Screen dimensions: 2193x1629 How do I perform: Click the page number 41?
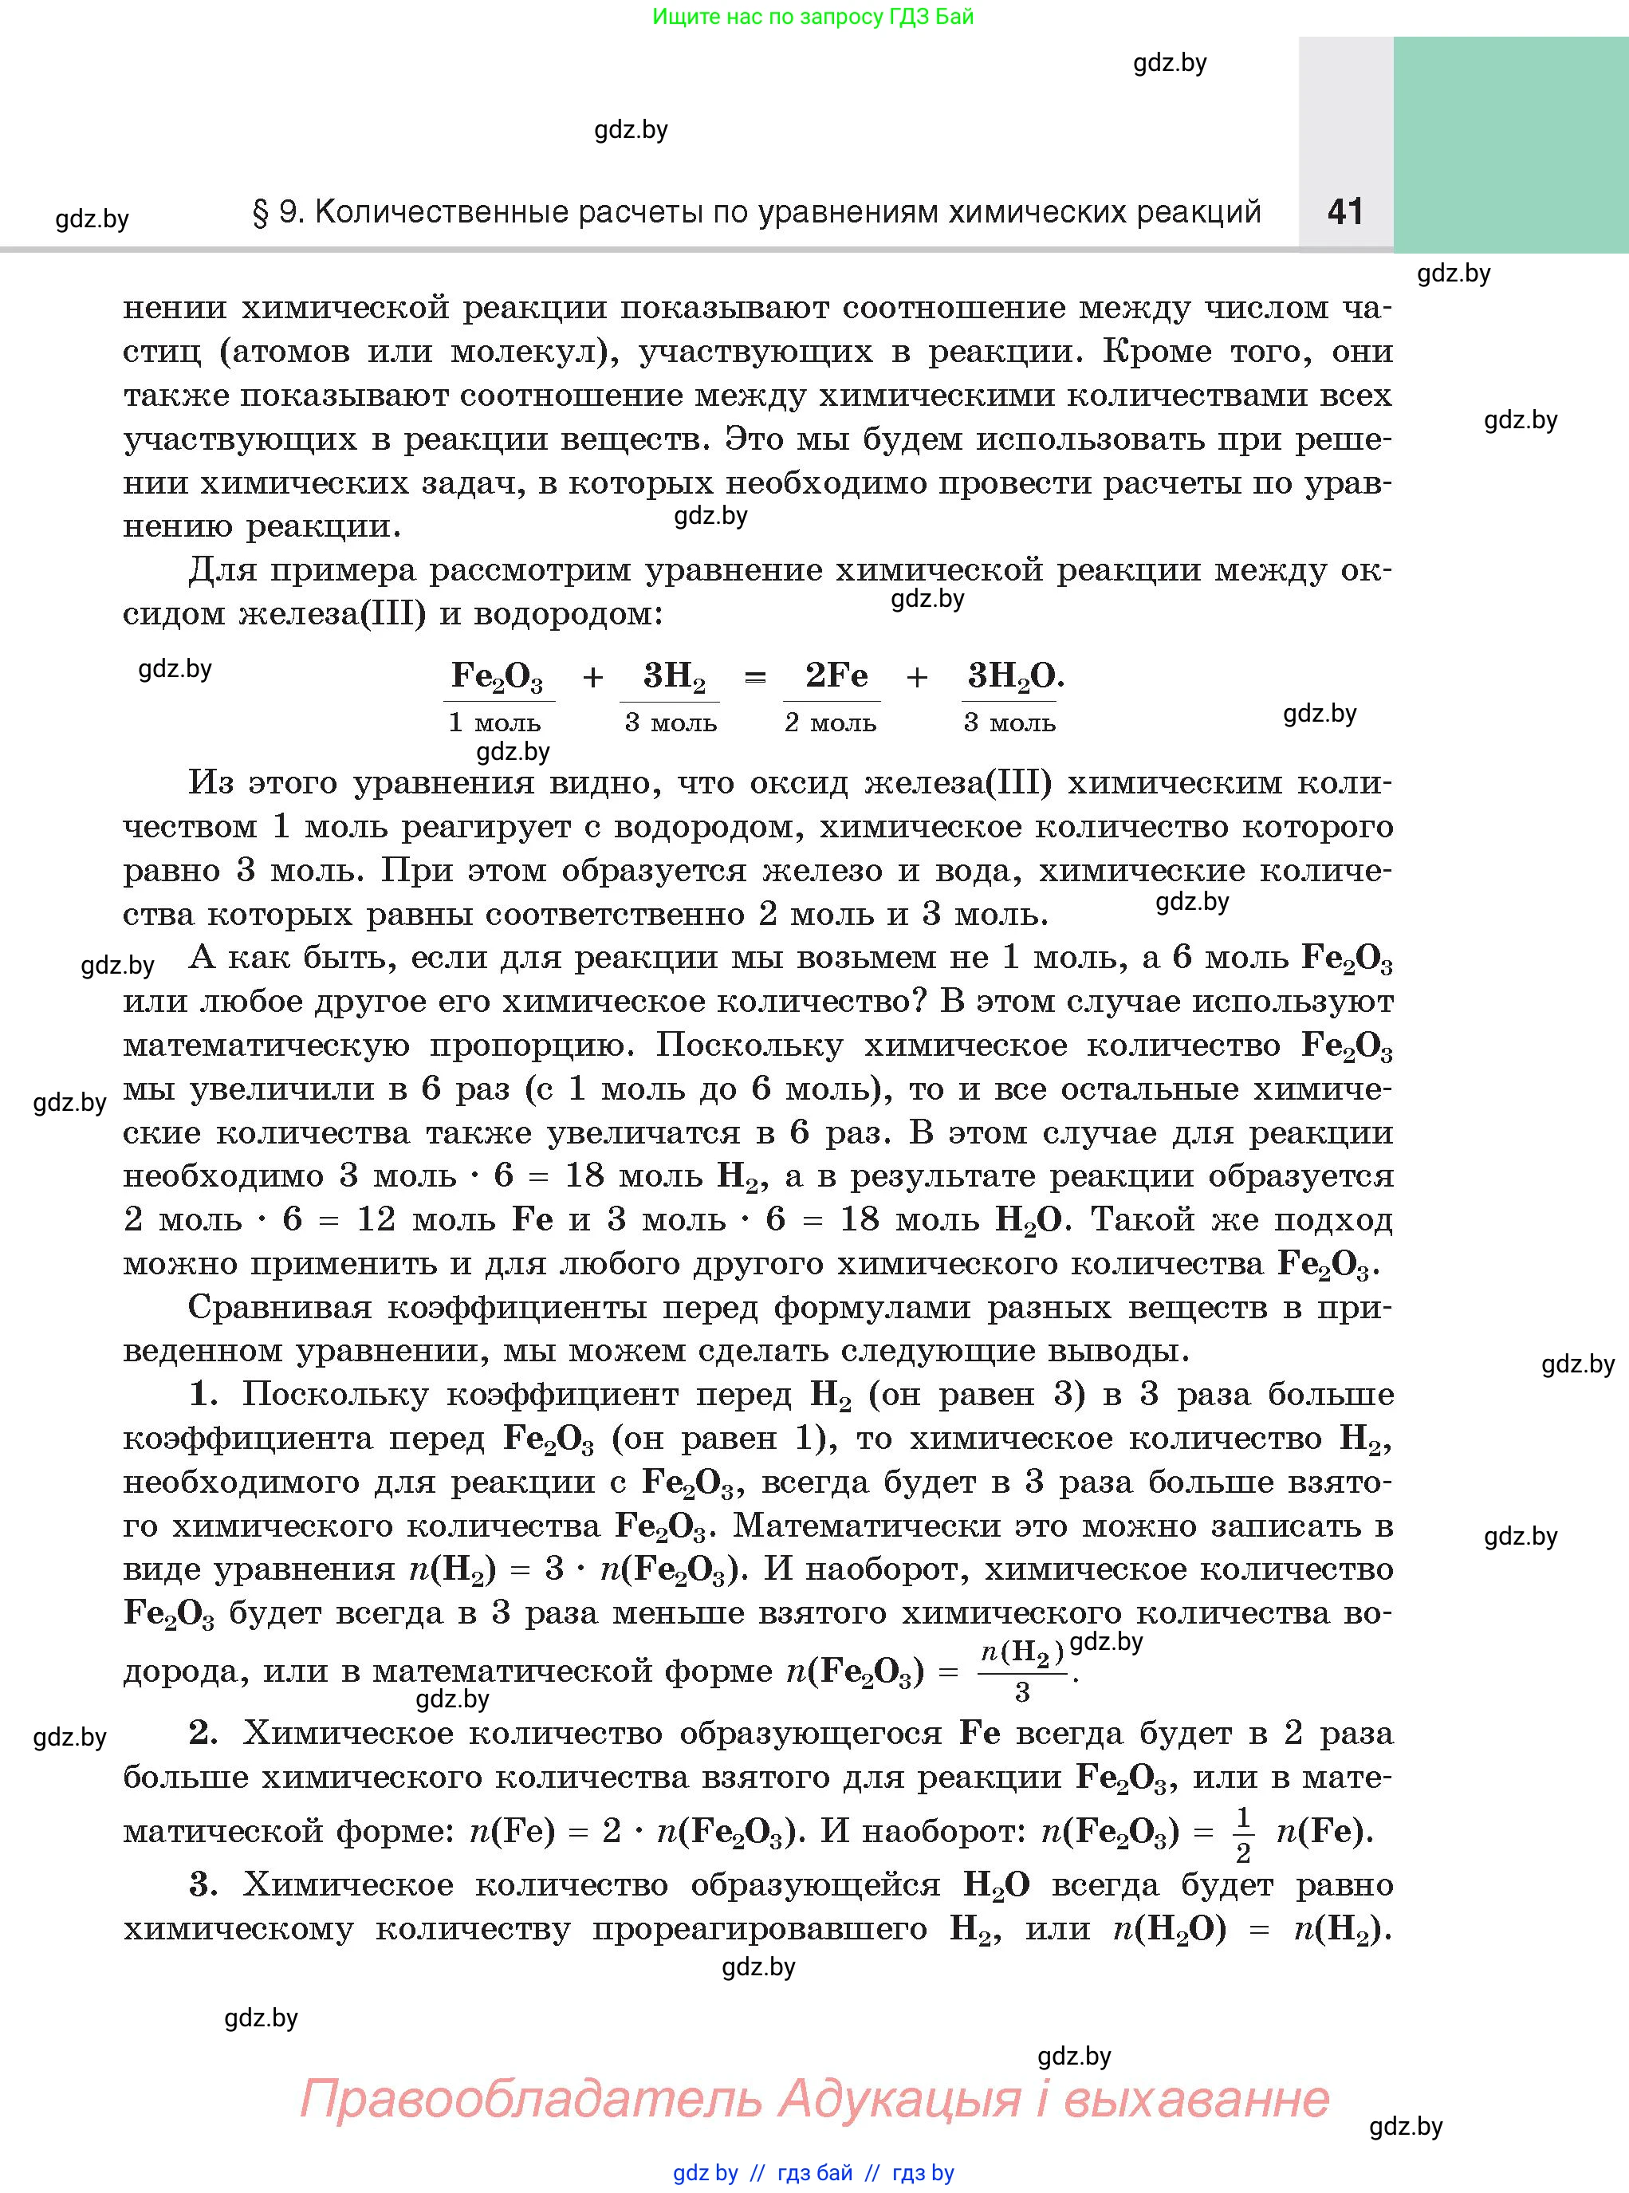pos(1345,211)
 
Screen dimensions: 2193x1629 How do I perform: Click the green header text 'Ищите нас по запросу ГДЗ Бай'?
pos(813,17)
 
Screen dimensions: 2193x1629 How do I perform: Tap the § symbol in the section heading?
pos(262,213)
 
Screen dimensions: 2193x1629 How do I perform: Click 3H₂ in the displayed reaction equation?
pos(674,676)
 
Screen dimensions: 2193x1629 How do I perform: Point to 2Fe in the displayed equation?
pos(836,675)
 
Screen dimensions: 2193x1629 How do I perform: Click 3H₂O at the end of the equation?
pos(1013,676)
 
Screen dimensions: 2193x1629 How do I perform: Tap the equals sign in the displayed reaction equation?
pos(754,677)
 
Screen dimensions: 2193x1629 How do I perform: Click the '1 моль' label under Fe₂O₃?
pos(494,722)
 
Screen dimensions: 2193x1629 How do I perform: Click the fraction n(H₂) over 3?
pos(1022,1671)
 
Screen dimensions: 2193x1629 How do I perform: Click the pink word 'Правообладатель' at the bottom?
pos(529,2098)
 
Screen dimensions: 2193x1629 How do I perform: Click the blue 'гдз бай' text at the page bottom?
pos(815,2173)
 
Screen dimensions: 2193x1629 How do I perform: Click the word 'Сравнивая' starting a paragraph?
pos(279,1308)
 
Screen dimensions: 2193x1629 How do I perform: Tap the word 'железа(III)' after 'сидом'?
pos(333,614)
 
